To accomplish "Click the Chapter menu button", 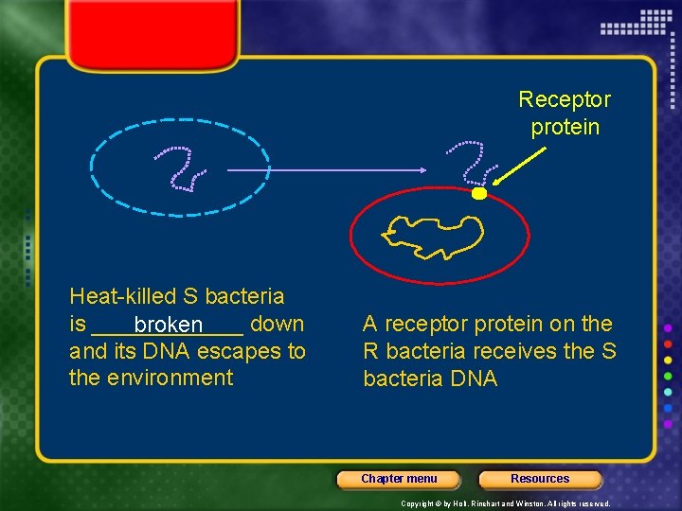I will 399,479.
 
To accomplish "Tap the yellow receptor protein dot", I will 479,194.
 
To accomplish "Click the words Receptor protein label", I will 565,113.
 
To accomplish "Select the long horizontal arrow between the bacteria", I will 327,170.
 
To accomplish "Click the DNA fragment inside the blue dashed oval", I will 182,167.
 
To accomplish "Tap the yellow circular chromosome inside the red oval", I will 434,236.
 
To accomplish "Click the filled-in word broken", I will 168,326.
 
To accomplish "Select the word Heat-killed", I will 123,297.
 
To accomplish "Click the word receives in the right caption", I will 518,352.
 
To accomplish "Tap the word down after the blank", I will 277,325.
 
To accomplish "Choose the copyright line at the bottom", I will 505,503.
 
